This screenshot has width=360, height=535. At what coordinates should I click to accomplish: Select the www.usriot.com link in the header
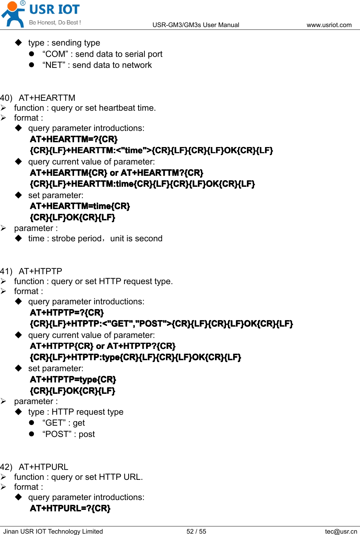(x=329, y=25)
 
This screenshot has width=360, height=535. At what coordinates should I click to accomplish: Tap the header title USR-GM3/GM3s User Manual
(x=196, y=25)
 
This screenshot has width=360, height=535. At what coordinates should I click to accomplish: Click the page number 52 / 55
(x=196, y=531)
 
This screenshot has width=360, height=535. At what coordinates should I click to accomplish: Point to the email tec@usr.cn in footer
(x=341, y=531)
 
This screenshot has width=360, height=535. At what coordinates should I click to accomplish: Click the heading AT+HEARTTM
(x=47, y=98)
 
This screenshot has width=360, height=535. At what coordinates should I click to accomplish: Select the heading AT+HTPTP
(x=40, y=271)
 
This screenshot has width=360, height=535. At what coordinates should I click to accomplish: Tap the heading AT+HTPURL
(x=44, y=467)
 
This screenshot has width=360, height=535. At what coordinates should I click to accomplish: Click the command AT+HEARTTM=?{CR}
(x=74, y=139)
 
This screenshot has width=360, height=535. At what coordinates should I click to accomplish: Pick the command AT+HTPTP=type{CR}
(x=73, y=380)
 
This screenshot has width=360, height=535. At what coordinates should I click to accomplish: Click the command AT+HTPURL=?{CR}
(x=70, y=508)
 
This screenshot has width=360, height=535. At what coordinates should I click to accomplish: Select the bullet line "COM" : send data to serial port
(x=102, y=54)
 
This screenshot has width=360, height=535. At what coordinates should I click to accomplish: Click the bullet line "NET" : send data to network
(x=97, y=65)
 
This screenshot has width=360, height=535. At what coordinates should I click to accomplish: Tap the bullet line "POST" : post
(x=69, y=434)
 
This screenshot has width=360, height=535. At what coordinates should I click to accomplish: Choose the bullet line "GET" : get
(x=63, y=423)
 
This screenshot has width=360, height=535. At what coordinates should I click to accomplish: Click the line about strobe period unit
(x=95, y=239)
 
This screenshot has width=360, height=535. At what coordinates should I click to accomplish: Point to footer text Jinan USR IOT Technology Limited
(x=53, y=531)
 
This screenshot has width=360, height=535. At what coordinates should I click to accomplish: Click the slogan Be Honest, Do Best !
(x=55, y=23)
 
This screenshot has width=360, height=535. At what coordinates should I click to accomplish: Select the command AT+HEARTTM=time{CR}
(x=80, y=206)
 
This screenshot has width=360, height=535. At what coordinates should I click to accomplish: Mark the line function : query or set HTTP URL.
(x=79, y=477)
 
